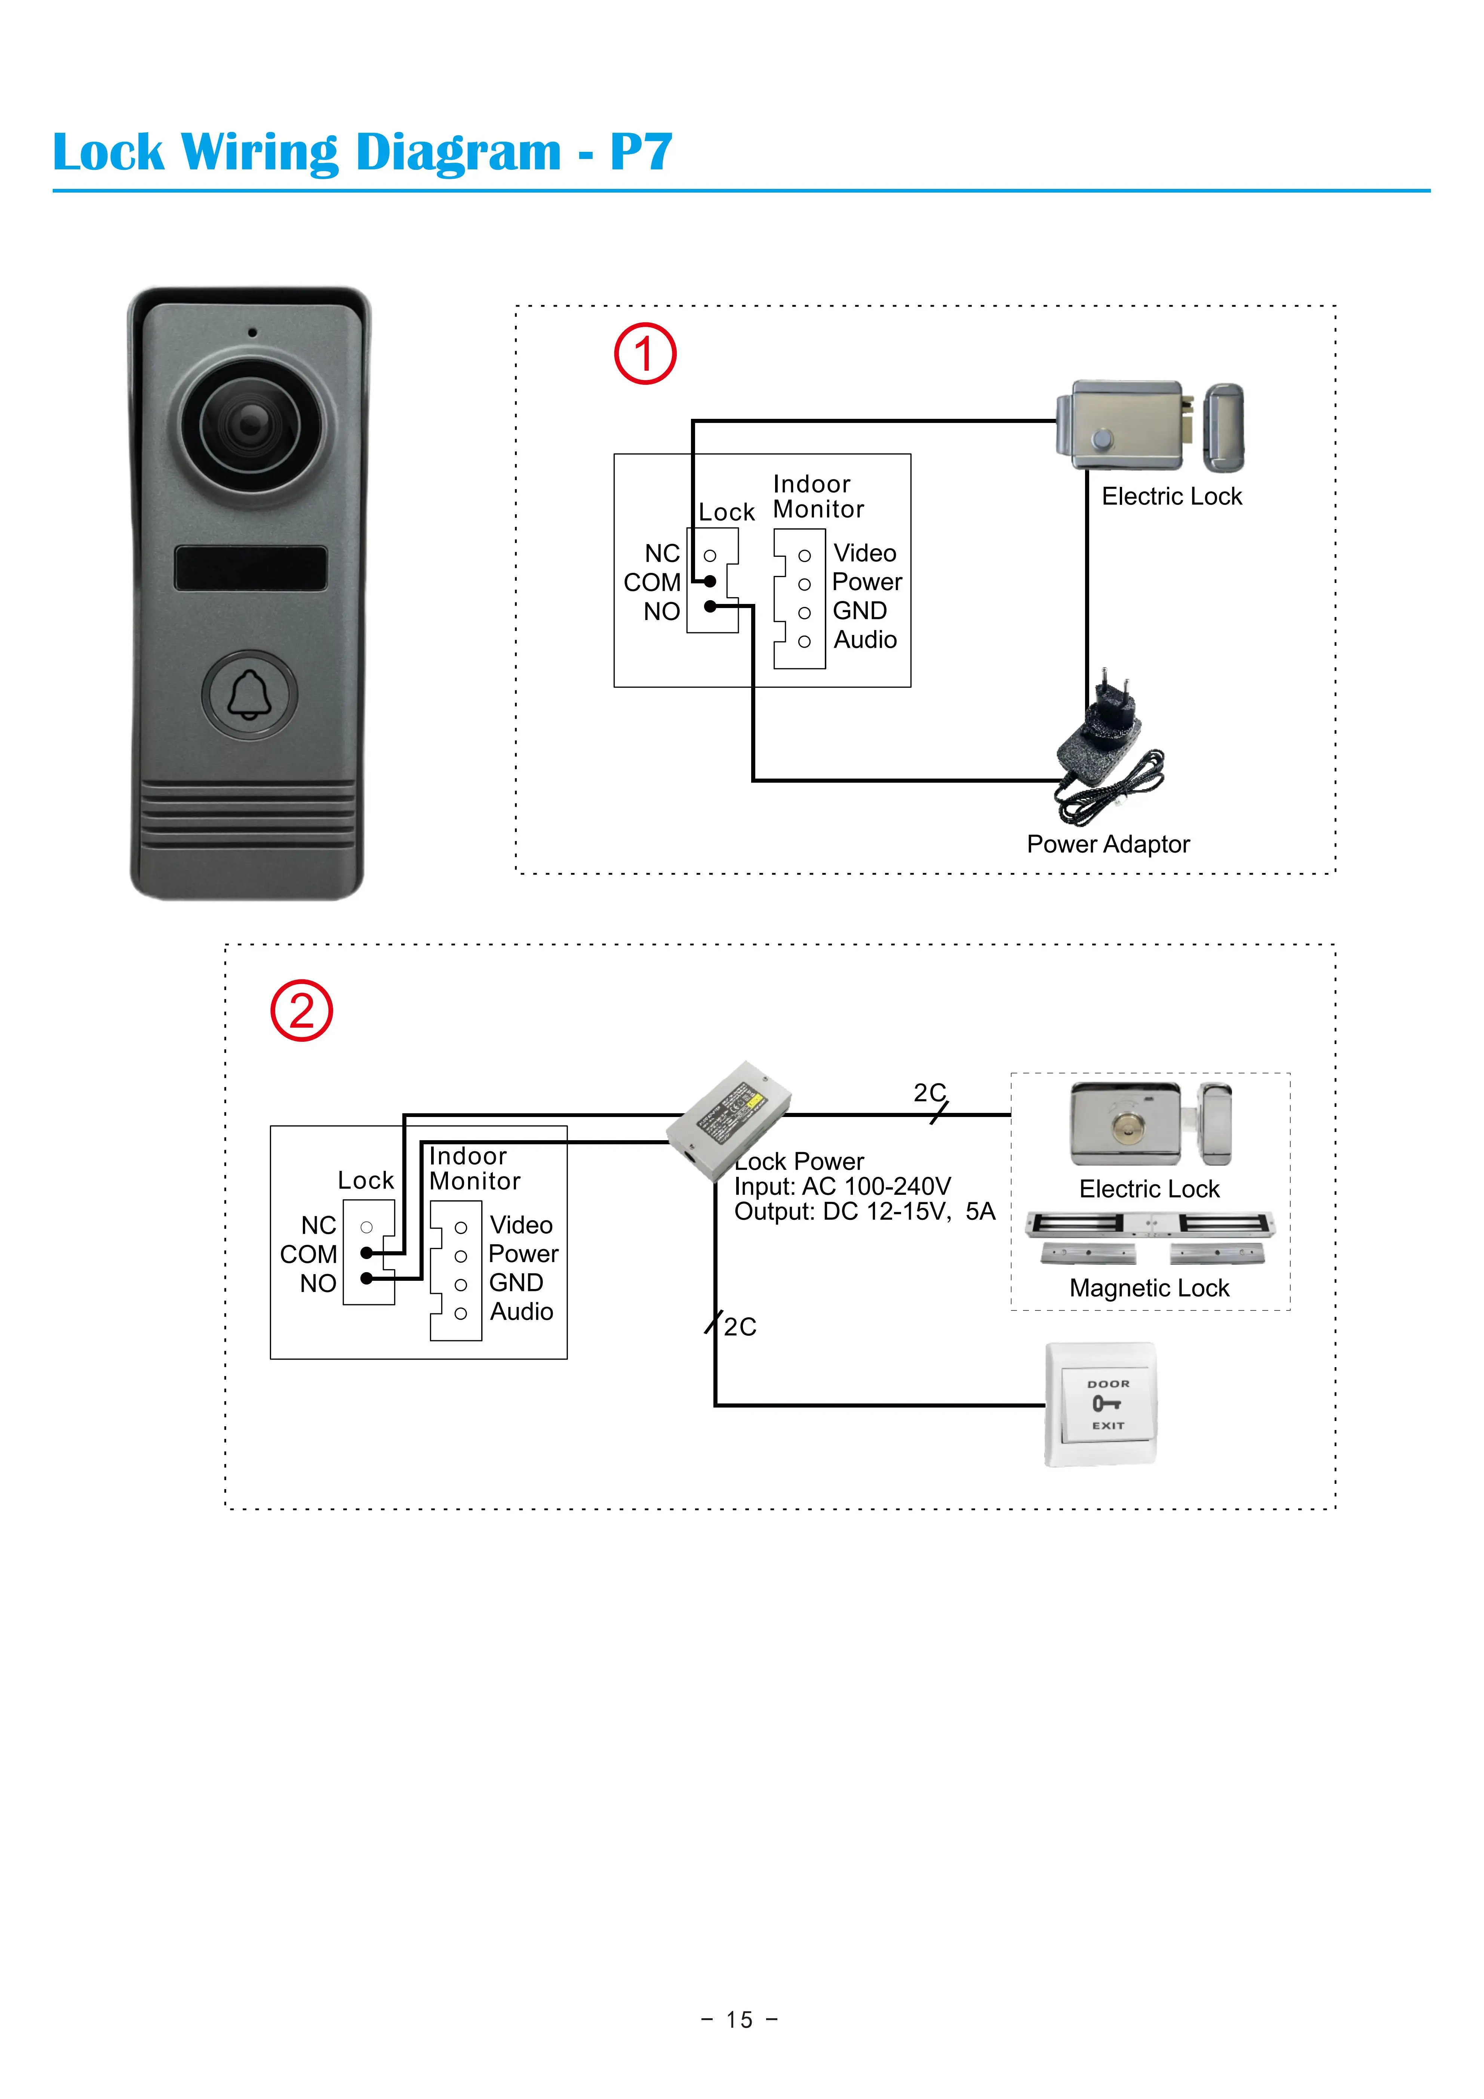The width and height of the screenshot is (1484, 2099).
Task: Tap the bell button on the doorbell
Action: (249, 695)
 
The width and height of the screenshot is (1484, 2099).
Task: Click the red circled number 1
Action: (645, 354)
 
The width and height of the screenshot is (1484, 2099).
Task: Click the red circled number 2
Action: (302, 1011)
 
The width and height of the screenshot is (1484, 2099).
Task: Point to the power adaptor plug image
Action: (1107, 745)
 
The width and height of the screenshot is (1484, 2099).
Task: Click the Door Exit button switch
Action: (1101, 1404)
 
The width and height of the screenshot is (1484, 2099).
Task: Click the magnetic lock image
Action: (1150, 1236)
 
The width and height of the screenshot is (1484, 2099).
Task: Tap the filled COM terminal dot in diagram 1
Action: (710, 581)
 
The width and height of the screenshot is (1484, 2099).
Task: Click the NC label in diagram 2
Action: (319, 1225)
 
